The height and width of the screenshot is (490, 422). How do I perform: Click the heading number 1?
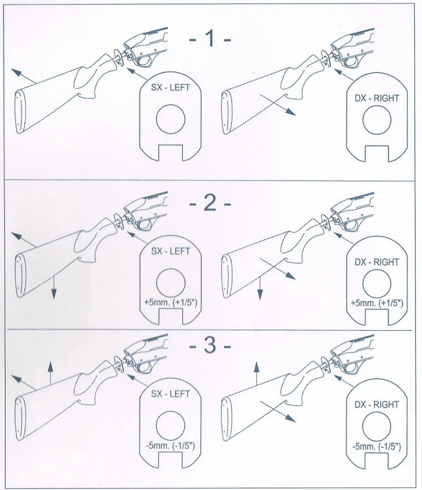[210, 40]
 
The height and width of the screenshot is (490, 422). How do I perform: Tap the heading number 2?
[210, 203]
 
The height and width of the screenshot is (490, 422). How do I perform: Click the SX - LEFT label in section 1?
[171, 88]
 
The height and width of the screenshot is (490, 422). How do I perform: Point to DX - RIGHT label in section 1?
[377, 98]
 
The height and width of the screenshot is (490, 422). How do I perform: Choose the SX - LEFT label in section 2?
[171, 251]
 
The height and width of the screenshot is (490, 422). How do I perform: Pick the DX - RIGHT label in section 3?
[377, 405]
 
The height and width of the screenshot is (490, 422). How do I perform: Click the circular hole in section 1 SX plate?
[171, 119]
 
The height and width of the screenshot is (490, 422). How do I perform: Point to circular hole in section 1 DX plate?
[377, 120]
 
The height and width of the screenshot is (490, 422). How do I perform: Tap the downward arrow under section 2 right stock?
[260, 292]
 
